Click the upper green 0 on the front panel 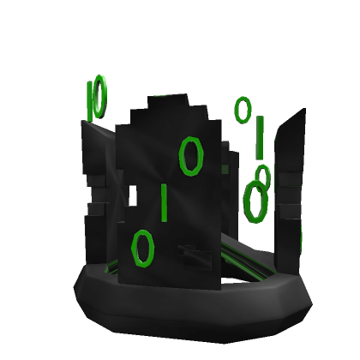[x=191, y=155]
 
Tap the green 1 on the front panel [x=163, y=201]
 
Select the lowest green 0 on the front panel [x=141, y=247]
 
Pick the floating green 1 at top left [x=90, y=101]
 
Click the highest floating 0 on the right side [x=243, y=109]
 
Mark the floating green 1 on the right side [x=260, y=136]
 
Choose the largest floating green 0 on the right [x=254, y=201]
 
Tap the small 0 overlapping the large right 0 [x=262, y=177]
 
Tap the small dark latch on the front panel [x=193, y=255]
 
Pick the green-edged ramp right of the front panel [x=249, y=257]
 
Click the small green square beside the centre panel [x=225, y=169]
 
